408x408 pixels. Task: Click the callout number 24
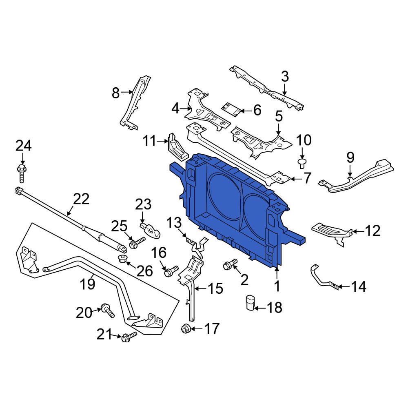pyautogui.click(x=23, y=146)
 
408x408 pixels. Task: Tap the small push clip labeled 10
pyautogui.click(x=302, y=163)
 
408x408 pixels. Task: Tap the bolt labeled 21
pyautogui.click(x=128, y=336)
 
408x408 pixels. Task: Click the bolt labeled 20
pyautogui.click(x=108, y=310)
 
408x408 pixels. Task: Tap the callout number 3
pyautogui.click(x=284, y=76)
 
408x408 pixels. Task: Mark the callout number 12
pyautogui.click(x=372, y=231)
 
